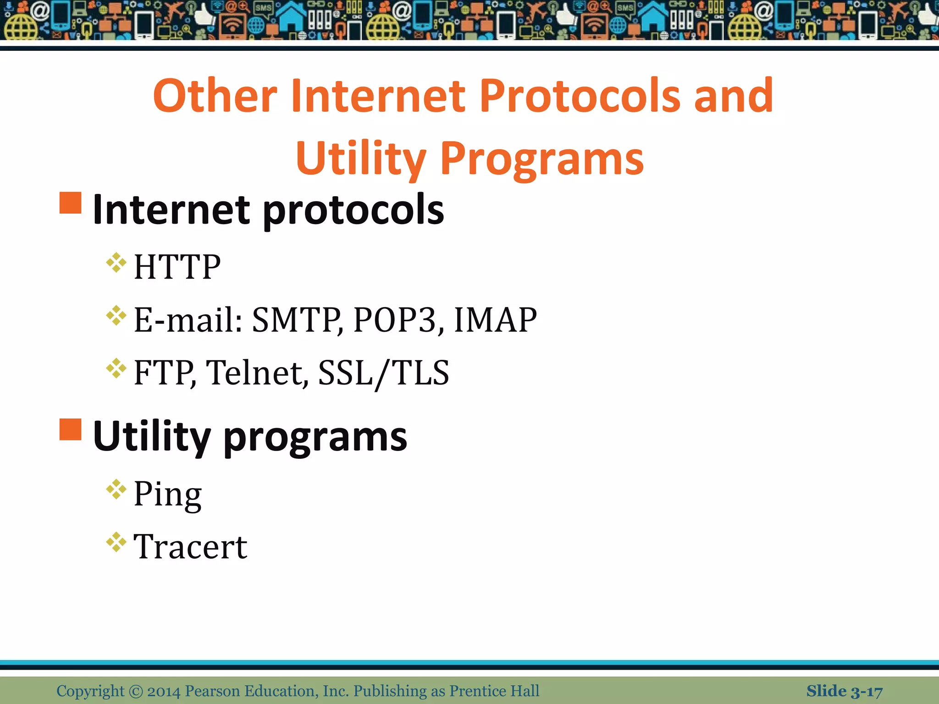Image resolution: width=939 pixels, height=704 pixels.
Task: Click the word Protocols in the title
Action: point(580,96)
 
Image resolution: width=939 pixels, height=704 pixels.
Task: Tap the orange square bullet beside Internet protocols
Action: point(71,203)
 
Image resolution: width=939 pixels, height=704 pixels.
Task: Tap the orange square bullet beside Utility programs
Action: point(71,429)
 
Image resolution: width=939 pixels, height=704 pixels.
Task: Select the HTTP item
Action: point(177,267)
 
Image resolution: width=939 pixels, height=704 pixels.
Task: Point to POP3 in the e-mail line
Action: point(398,320)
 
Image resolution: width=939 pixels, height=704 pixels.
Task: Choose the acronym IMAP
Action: point(495,320)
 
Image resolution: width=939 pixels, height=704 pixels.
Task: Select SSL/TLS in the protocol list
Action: point(383,373)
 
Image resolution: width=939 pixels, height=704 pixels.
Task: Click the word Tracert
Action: point(190,547)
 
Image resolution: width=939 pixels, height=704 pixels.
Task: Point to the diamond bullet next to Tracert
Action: point(116,542)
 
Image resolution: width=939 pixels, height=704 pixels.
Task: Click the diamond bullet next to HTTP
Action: point(116,263)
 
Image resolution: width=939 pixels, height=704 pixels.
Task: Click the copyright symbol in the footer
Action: point(136,691)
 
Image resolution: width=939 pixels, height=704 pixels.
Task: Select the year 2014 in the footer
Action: point(164,691)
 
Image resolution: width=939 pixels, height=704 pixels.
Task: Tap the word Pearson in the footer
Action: point(212,691)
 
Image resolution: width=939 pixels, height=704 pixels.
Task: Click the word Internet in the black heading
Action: point(171,210)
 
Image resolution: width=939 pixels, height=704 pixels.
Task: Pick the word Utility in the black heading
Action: point(152,437)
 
